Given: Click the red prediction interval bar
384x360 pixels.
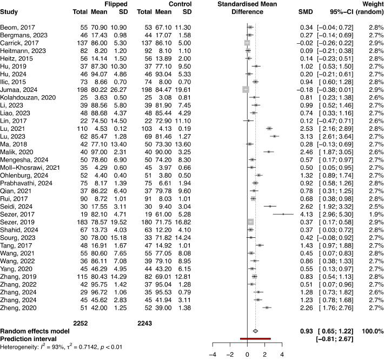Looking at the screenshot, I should coord(255,338).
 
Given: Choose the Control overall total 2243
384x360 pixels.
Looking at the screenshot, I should coord(146,323).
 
